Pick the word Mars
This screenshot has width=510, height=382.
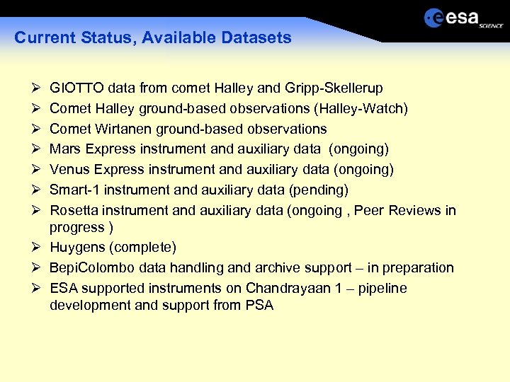tap(64, 149)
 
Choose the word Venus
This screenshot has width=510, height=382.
tap(69, 170)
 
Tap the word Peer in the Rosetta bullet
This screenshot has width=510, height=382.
tap(369, 211)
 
